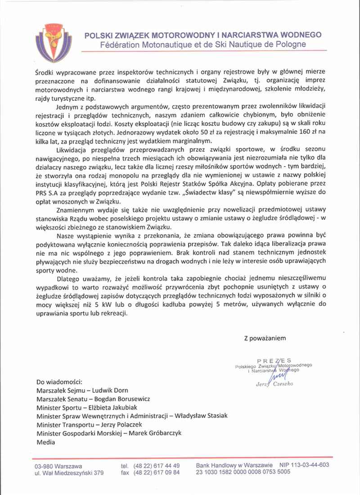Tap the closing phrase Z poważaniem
(265, 337)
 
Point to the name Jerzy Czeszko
(274, 384)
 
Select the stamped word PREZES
(274, 360)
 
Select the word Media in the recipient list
(46, 442)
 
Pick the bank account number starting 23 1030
(243, 472)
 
